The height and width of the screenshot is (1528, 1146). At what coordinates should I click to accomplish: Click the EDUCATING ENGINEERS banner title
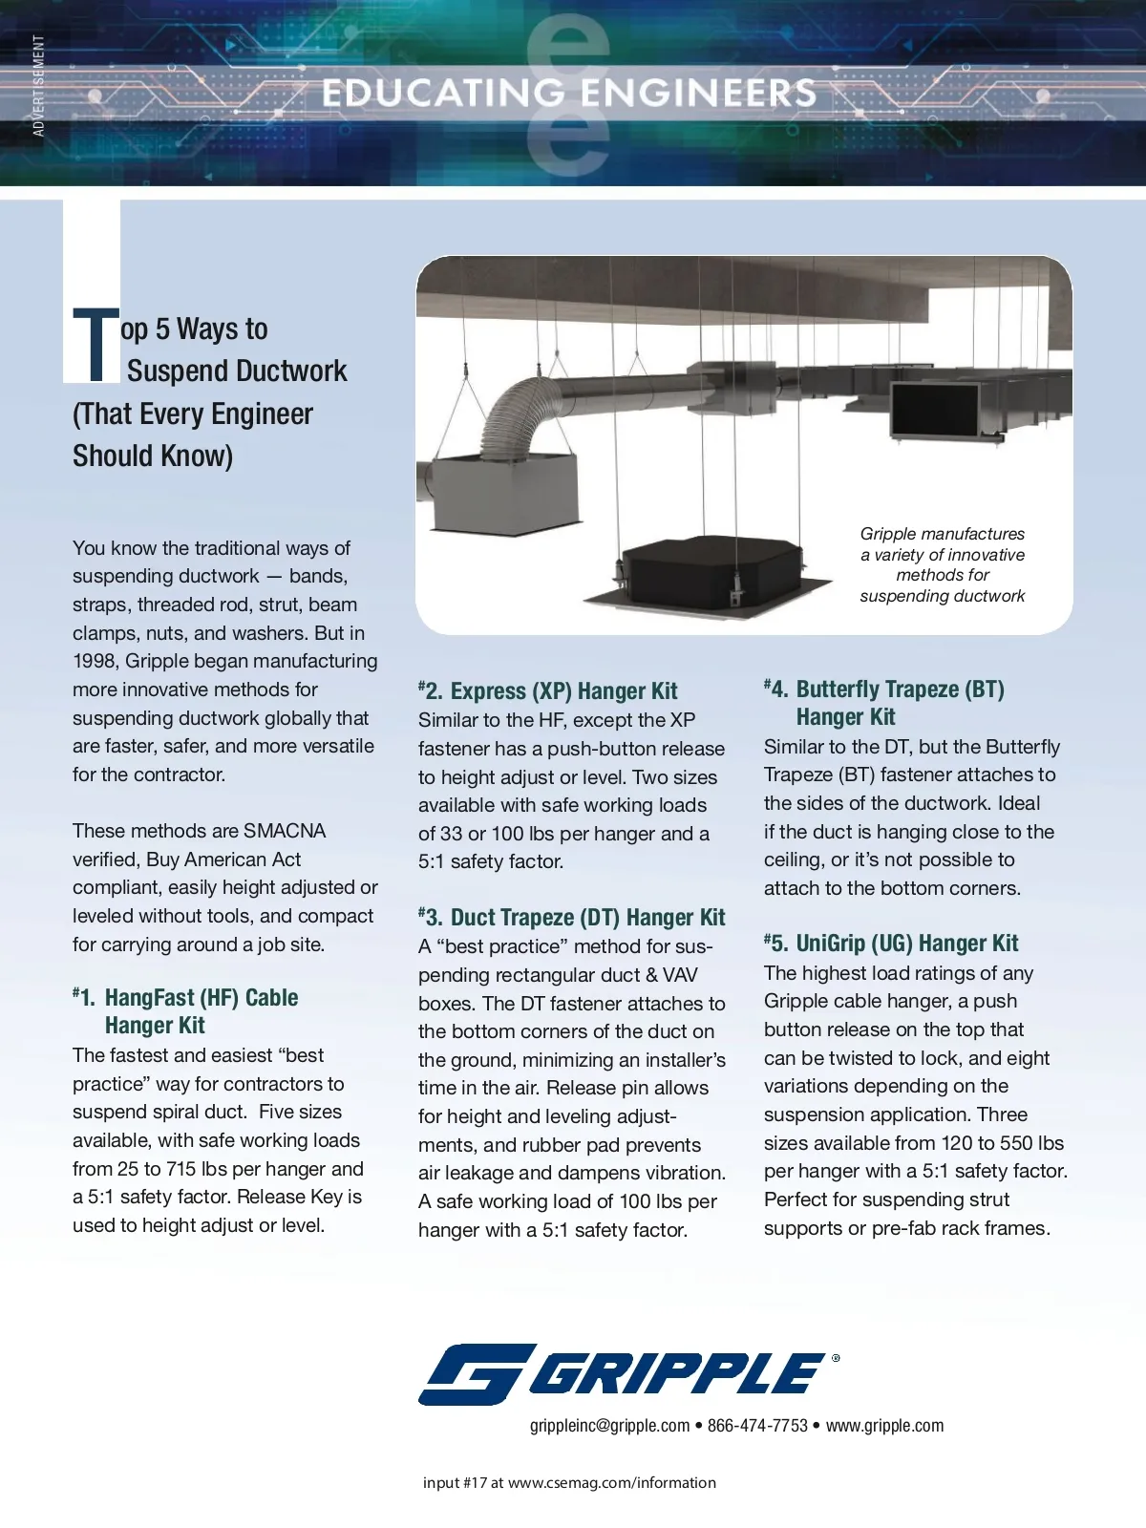click(569, 93)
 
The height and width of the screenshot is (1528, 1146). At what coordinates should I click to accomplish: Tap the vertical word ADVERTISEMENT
click(38, 86)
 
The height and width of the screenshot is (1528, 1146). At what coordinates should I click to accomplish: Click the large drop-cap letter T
click(95, 344)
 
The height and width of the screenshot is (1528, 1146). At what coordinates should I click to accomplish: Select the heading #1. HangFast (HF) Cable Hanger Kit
click(185, 1010)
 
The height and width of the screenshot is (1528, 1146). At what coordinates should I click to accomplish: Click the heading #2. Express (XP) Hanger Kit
click(548, 690)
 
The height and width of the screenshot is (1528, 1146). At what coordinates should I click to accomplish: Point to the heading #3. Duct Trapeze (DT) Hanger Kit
click(572, 917)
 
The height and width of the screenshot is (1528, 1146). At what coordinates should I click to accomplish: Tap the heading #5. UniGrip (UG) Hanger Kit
click(892, 944)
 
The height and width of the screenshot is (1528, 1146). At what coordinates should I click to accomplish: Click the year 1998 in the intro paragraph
click(95, 661)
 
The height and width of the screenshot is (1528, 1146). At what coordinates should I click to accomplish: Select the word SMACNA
click(285, 831)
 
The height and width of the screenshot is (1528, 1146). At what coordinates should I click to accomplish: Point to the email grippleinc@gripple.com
click(609, 1426)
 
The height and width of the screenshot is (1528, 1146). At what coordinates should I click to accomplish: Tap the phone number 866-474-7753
click(757, 1426)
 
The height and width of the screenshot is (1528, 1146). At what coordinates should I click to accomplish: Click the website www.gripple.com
click(884, 1426)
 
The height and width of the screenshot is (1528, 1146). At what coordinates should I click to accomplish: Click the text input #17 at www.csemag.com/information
click(569, 1483)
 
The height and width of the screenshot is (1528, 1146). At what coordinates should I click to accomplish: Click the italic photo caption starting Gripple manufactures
click(942, 564)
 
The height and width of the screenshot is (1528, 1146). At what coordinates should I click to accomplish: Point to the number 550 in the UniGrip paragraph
click(1015, 1143)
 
